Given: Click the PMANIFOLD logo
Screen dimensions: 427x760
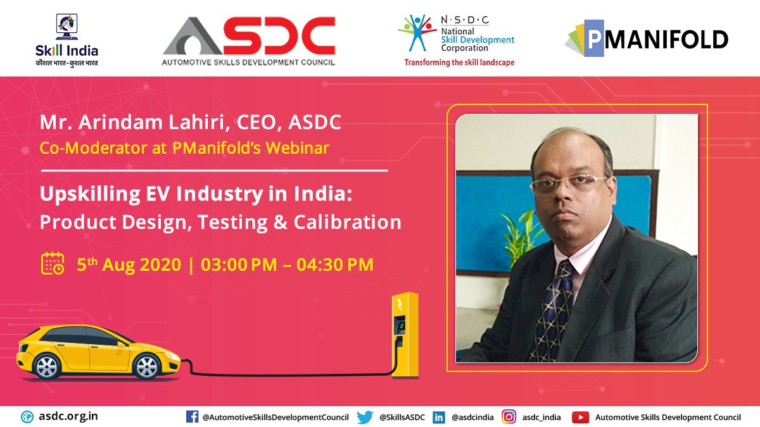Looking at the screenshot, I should (647, 40).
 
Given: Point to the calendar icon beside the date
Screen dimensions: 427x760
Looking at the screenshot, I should (53, 263).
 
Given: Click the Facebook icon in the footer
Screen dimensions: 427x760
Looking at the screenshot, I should (192, 417).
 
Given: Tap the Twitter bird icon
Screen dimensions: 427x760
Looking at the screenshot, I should (365, 417).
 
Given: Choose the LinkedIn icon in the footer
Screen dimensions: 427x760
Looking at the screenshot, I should (438, 417).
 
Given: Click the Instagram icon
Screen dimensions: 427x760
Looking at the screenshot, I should (509, 417).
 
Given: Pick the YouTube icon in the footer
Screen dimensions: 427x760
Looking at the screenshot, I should (580, 417).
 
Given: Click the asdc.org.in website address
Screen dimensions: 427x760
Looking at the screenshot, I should (68, 416).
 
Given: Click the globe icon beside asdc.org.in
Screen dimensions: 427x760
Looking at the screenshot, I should (27, 417).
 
